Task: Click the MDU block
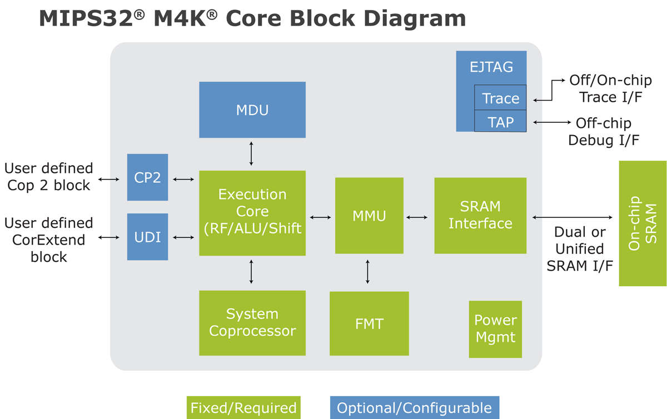252,110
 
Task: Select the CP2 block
147,177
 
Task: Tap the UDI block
147,237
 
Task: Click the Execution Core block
252,213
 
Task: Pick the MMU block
369,215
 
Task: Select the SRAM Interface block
480,215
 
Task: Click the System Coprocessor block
252,322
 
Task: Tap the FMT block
369,323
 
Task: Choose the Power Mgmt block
495,329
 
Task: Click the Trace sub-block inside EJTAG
500,98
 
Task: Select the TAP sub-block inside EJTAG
500,121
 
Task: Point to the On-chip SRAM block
643,223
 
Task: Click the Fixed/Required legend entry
243,408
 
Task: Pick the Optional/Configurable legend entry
414,408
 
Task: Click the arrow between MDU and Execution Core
251,153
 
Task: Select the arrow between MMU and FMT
367,272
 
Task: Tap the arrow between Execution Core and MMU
320,217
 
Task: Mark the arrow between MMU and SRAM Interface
417,217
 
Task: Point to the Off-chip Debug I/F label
603,131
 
